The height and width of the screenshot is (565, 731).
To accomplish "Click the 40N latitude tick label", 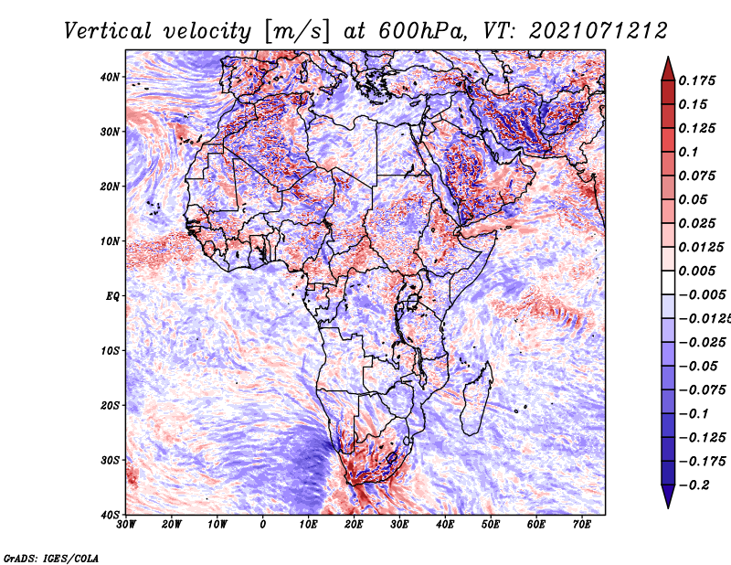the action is pos(110,77).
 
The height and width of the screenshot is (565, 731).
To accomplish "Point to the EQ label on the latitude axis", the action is pos(112,296).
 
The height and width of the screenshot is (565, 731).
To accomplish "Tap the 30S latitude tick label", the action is pos(110,461).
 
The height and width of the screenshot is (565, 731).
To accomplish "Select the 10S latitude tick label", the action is pos(110,351).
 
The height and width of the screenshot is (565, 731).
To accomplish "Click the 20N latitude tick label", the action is pos(110,187).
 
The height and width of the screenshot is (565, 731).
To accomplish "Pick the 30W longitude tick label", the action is pos(126,525).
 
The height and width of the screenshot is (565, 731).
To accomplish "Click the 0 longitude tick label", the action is pos(263,525).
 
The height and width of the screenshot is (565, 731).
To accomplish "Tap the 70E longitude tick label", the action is pos(581,525).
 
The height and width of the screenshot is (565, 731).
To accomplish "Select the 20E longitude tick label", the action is pos(354,525).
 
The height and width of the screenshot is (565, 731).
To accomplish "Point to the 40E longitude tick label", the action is pos(445,525).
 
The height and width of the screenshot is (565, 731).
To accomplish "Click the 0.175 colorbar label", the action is pos(697,80).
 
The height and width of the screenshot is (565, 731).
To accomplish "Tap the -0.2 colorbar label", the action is pos(694,485).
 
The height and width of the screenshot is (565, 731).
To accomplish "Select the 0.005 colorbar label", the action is pos(697,271).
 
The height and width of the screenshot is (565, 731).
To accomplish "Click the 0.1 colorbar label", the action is pos(689,152).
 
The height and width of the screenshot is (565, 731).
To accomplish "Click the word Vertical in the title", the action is pos(108,31).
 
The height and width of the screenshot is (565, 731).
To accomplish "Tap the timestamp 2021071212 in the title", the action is pos(599,31).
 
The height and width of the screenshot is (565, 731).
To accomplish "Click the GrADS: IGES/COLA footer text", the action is pos(51,559).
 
